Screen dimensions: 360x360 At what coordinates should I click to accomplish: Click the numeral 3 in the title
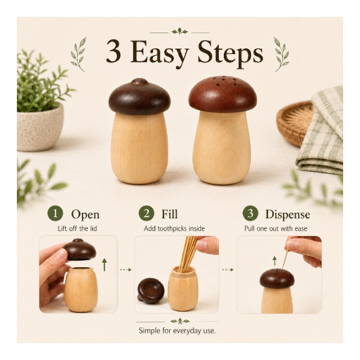(x=114, y=51)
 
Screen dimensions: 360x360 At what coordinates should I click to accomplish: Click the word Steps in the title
(x=230, y=54)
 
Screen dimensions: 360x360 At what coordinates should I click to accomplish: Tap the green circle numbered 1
(x=55, y=213)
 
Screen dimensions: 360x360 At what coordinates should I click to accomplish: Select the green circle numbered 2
(x=146, y=213)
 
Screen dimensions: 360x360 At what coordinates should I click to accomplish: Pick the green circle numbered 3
(x=250, y=213)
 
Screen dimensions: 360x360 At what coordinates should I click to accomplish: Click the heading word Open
(x=85, y=215)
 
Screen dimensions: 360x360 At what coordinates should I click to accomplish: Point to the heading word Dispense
(x=287, y=214)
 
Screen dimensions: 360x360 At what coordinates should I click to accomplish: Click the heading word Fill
(x=169, y=214)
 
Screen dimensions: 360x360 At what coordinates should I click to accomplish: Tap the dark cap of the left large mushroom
(x=139, y=97)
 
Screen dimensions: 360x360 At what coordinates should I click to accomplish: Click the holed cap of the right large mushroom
(x=223, y=94)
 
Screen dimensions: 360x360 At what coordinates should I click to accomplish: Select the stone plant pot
(x=39, y=128)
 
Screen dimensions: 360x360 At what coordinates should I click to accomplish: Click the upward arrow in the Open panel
(x=105, y=265)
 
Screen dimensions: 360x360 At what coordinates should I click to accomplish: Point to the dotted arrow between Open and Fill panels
(x=125, y=269)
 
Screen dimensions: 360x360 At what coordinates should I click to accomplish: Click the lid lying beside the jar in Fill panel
(x=151, y=291)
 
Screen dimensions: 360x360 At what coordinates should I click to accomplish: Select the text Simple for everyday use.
(x=177, y=331)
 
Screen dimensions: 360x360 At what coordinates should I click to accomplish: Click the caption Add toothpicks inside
(x=174, y=229)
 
